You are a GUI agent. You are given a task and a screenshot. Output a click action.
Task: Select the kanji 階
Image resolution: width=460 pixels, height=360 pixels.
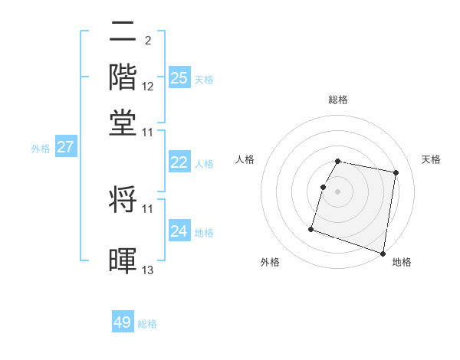[123, 77]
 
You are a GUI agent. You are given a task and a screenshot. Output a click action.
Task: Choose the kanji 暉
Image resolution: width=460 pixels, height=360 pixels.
[123, 260]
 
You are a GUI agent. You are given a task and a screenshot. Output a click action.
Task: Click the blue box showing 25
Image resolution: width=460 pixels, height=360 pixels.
[179, 77]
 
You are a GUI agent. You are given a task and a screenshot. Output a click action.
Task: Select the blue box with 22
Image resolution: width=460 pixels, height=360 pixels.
[179, 162]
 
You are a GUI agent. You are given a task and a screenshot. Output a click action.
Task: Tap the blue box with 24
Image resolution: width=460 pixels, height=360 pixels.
[179, 231]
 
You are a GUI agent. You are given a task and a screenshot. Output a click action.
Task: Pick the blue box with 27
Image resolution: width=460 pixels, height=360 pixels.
[65, 147]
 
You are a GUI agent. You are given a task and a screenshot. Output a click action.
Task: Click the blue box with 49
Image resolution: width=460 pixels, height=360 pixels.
[123, 322]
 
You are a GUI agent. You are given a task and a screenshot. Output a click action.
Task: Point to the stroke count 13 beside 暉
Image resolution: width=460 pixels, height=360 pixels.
[148, 270]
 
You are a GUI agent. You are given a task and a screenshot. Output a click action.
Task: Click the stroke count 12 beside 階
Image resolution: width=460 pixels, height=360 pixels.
[148, 86]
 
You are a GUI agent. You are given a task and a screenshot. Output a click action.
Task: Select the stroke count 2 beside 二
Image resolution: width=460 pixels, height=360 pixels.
[147, 40]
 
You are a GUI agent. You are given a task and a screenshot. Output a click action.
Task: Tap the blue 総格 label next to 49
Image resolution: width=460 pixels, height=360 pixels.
[147, 324]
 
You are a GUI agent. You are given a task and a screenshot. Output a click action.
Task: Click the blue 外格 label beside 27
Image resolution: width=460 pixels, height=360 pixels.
[40, 149]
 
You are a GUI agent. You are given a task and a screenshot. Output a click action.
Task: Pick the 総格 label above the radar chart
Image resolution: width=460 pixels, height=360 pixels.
[338, 100]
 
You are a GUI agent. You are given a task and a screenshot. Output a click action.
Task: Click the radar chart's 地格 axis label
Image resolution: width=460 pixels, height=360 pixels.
[402, 262]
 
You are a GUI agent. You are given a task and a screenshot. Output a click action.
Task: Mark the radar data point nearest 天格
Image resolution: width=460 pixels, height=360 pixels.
[396, 174]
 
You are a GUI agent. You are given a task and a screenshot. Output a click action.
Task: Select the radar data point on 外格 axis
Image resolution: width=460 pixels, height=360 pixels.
[311, 229]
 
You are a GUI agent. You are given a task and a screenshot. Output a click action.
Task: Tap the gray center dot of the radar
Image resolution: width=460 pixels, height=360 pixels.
[338, 191]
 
